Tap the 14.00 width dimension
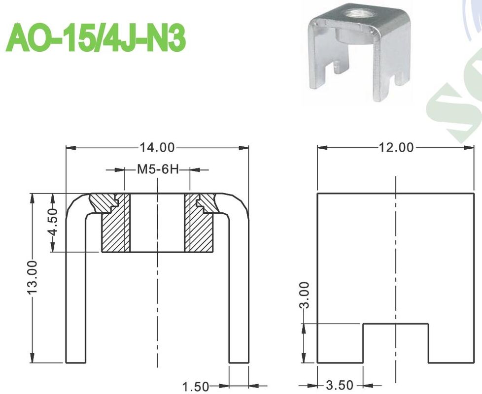157,147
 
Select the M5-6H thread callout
157,170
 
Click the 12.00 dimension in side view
397,147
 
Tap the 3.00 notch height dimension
305,295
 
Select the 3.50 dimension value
340,386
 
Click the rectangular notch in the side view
396,343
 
